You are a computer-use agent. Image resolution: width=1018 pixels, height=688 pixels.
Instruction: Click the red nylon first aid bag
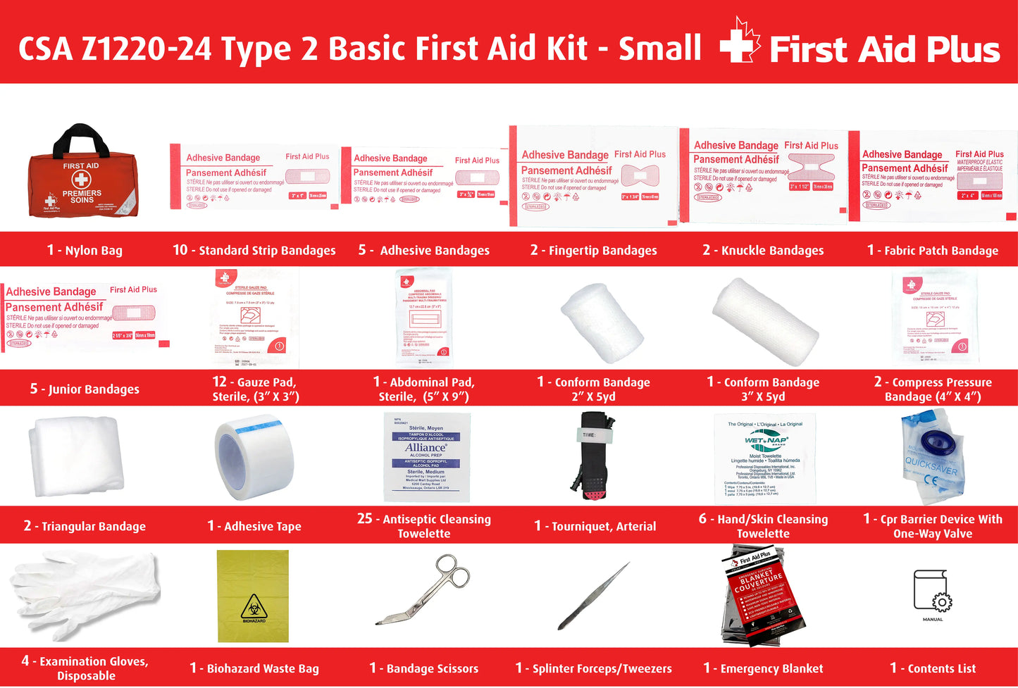(x=82, y=176)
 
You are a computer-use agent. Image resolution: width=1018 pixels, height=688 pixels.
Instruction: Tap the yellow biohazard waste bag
(x=253, y=596)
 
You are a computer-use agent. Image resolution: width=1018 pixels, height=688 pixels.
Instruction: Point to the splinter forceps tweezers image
(x=593, y=596)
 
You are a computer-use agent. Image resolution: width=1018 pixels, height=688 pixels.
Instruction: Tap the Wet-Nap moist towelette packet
(x=765, y=458)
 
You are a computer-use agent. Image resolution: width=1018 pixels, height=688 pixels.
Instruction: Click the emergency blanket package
(x=762, y=596)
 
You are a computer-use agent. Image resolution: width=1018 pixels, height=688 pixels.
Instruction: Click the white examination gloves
(x=85, y=594)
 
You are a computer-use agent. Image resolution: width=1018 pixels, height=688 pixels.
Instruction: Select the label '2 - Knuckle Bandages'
(x=763, y=250)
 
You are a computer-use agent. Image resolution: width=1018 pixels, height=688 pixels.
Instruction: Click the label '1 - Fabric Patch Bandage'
(x=932, y=250)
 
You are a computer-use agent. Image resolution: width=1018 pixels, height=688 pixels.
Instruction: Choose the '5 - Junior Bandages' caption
(x=85, y=389)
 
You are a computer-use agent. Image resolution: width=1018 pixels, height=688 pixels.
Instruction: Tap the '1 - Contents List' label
(x=933, y=668)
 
